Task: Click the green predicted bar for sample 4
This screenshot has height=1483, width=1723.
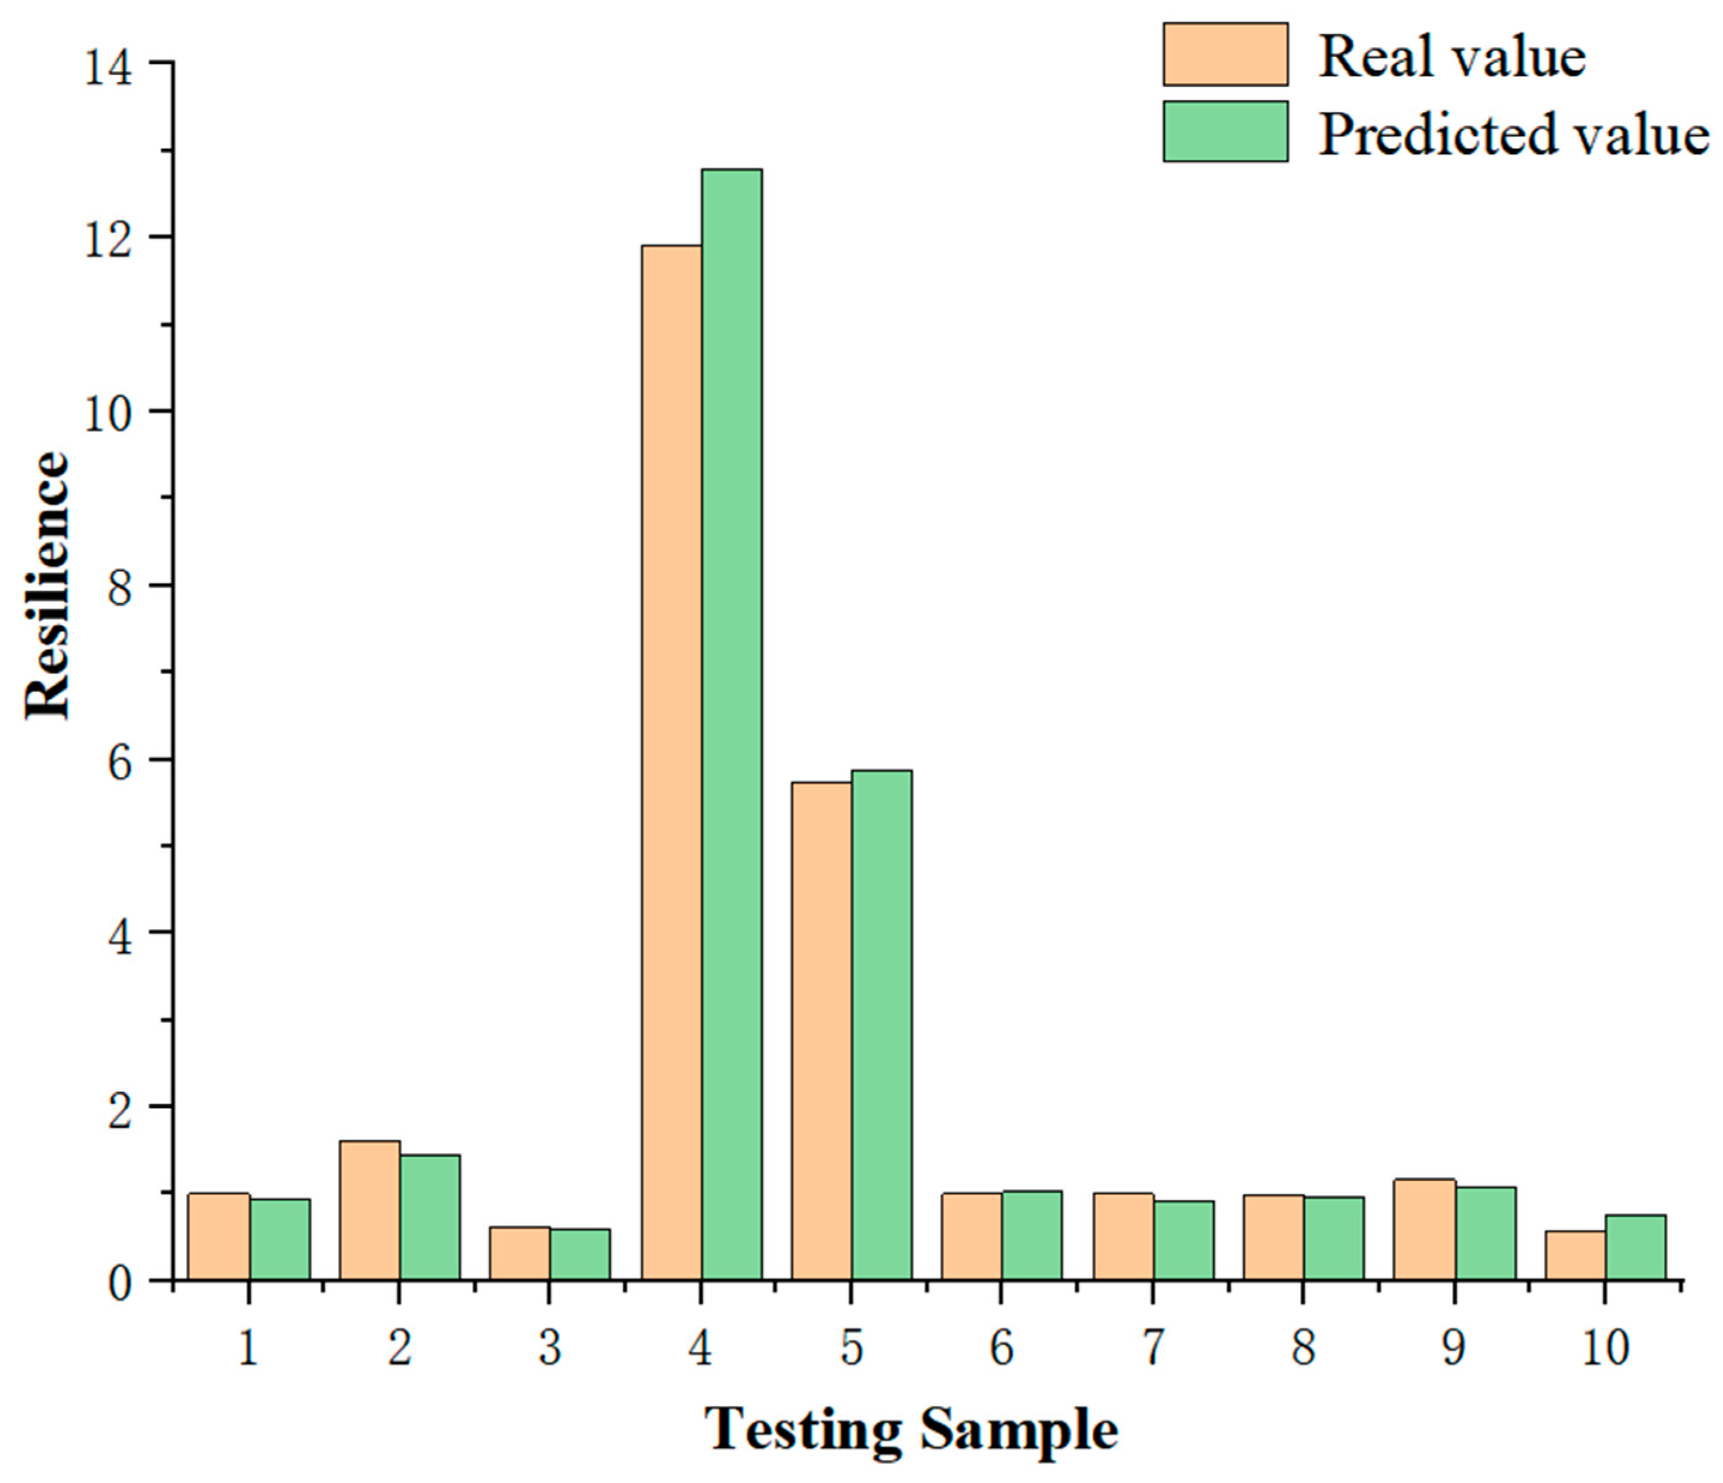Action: (x=731, y=724)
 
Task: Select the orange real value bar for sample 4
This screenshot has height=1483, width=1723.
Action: (x=671, y=762)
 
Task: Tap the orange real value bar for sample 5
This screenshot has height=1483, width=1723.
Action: (x=821, y=1031)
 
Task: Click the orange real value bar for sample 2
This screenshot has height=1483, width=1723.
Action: (x=369, y=1210)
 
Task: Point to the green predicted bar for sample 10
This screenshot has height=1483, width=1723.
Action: (x=1635, y=1248)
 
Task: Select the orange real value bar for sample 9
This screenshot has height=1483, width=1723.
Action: (x=1424, y=1229)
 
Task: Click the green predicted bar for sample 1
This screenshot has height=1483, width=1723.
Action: (x=279, y=1239)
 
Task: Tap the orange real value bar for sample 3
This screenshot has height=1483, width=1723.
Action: (x=520, y=1253)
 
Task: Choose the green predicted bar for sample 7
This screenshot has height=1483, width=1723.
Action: (x=1183, y=1240)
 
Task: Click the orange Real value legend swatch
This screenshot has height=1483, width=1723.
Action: (x=1225, y=54)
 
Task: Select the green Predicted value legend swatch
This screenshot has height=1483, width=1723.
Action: (x=1225, y=132)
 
